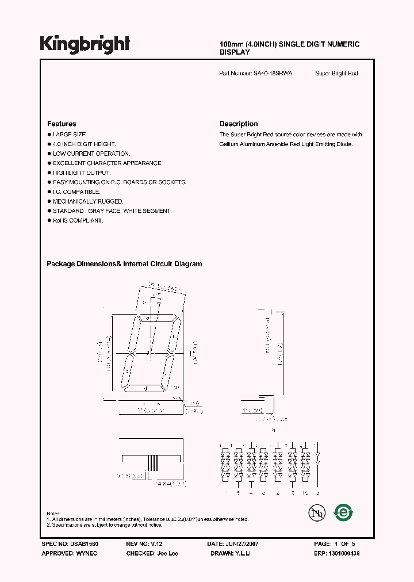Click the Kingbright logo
pyautogui.click(x=85, y=44)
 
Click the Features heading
pyautogui.click(x=62, y=124)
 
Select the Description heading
pyautogui.click(x=239, y=124)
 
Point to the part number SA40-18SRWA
pyautogui.click(x=273, y=74)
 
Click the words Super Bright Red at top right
pyautogui.click(x=336, y=74)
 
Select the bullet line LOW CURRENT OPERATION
pyautogui.click(x=91, y=154)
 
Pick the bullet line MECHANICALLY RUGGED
pyautogui.click(x=88, y=201)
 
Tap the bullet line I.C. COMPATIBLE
pyautogui.click(x=76, y=192)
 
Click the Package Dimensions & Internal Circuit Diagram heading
pyautogui.click(x=124, y=264)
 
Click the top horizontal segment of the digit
pyautogui.click(x=156, y=319)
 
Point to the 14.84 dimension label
pyautogui.click(x=166, y=484)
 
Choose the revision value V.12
pyautogui.click(x=157, y=543)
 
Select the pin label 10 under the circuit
pyautogui.click(x=305, y=493)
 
